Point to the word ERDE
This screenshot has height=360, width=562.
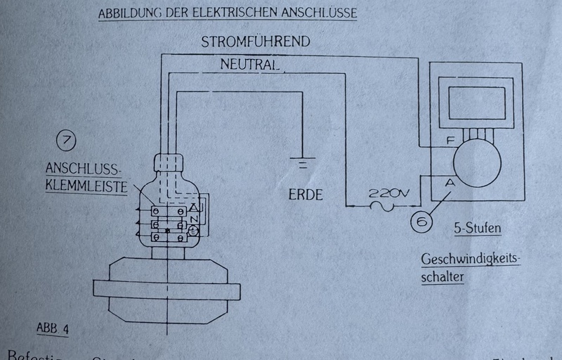tap(306, 195)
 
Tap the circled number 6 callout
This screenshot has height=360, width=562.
tap(422, 223)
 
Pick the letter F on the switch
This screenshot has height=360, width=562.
tap(450, 141)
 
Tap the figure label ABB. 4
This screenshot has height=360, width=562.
tap(53, 328)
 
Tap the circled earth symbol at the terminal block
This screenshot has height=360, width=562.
tap(195, 231)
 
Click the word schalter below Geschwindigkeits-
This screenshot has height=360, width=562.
tap(444, 277)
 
